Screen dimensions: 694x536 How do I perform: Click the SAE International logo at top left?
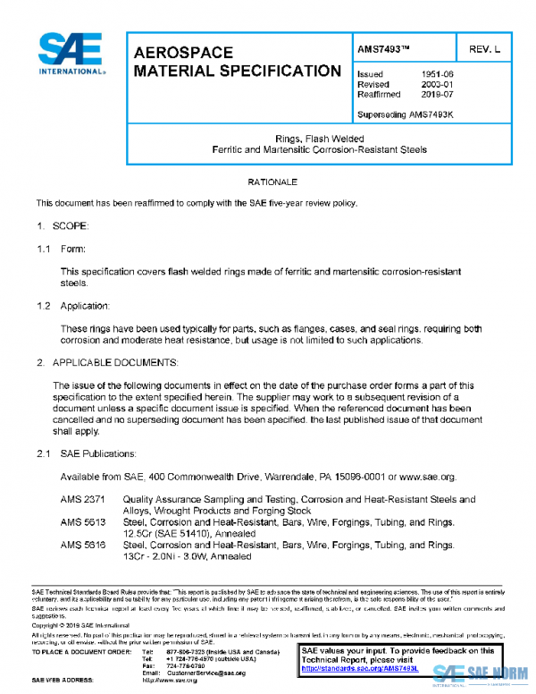tap(72, 54)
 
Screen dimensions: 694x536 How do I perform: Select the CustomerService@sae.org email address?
tap(206, 673)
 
